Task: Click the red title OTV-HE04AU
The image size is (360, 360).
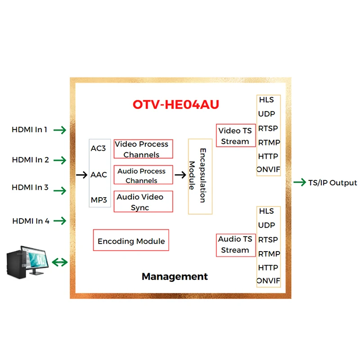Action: click(175, 104)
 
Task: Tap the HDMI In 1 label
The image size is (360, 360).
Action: click(30, 130)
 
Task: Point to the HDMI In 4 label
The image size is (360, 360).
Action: click(31, 221)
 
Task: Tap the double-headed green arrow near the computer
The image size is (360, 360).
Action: click(59, 262)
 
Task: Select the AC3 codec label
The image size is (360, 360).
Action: click(99, 148)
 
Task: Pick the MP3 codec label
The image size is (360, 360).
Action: click(99, 199)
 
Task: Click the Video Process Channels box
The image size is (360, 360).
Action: click(143, 149)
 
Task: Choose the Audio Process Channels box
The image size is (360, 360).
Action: click(143, 175)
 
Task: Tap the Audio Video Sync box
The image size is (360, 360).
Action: click(143, 202)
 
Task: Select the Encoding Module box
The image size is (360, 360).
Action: click(131, 241)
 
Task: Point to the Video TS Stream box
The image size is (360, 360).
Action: click(235, 136)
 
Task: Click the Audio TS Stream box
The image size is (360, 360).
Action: click(235, 245)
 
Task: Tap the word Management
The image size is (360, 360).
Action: click(175, 276)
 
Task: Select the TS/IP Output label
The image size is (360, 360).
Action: click(333, 183)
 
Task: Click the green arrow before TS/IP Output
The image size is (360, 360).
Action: click(299, 183)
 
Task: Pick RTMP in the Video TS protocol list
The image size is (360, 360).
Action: click(269, 143)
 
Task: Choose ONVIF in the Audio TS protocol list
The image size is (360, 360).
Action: click(268, 281)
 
